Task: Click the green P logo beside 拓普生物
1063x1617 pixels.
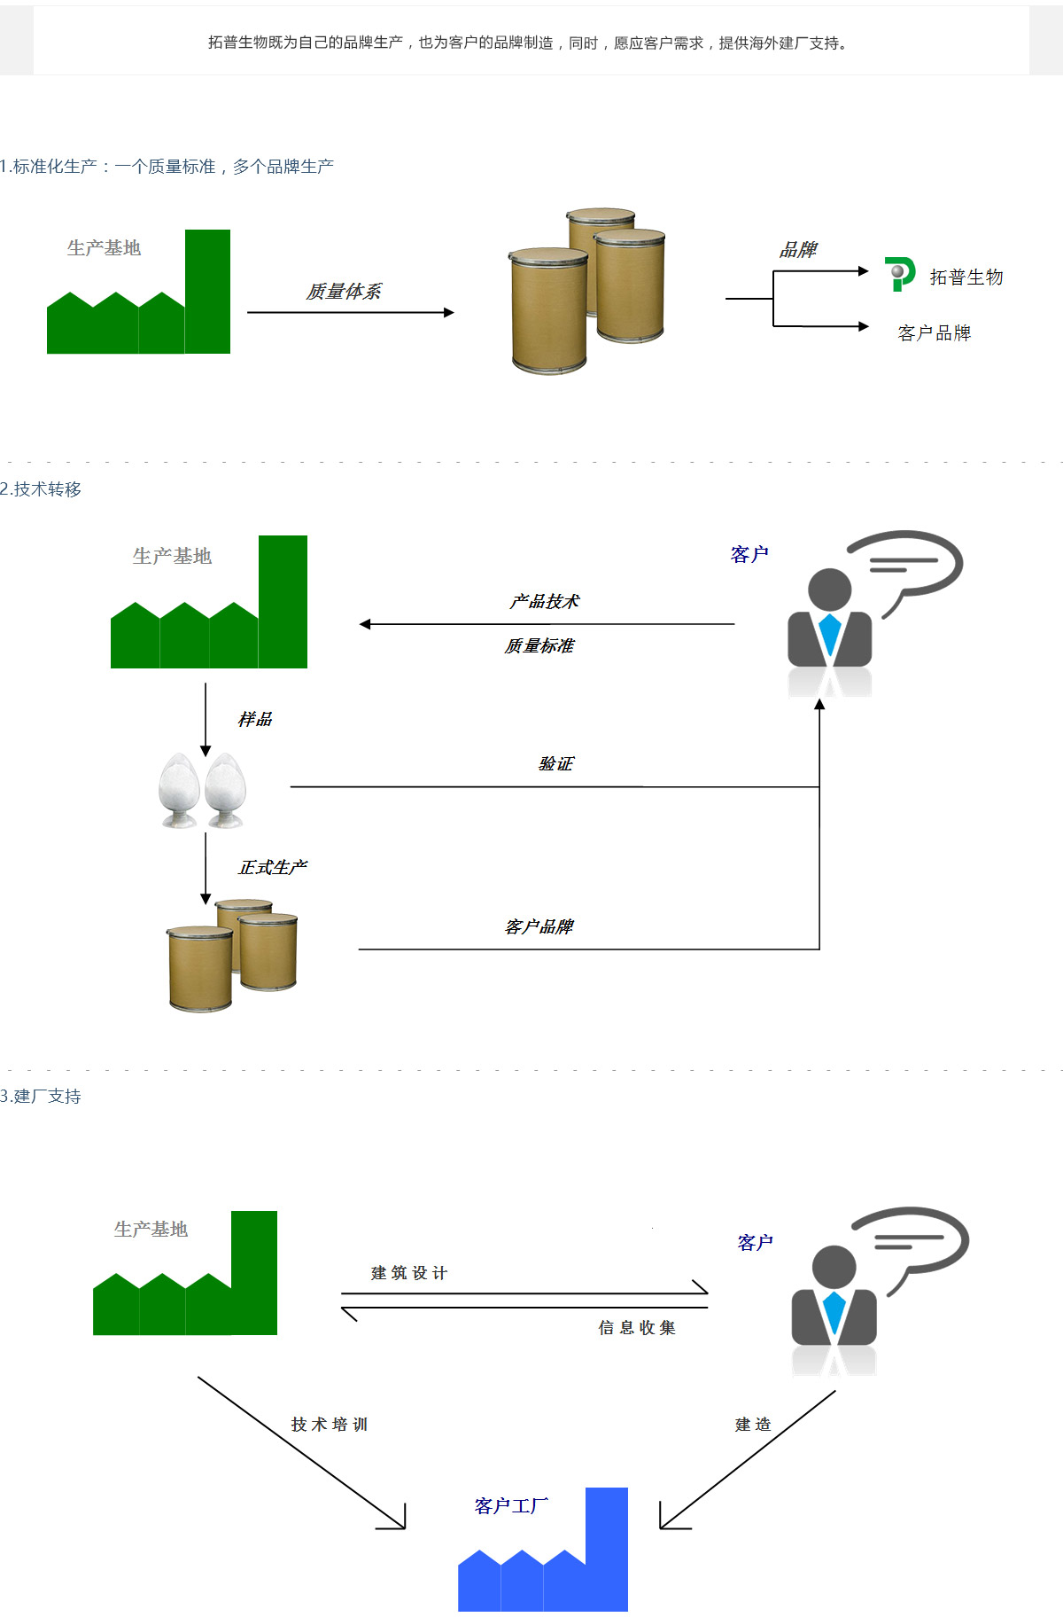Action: point(899,274)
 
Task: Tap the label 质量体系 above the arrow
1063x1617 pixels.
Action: point(344,292)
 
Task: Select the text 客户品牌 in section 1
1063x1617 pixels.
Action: point(935,333)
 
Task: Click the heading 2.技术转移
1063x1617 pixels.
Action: point(41,489)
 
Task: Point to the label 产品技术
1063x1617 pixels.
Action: point(544,601)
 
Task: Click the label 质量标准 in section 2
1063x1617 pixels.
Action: point(539,645)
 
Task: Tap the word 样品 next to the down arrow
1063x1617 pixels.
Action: point(255,719)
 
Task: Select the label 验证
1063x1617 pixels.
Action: point(556,763)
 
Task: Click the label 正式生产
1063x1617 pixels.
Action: point(273,867)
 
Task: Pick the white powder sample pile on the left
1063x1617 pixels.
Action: point(179,791)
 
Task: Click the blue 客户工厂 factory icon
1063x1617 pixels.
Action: point(543,1550)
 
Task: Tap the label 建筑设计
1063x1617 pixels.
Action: point(409,1273)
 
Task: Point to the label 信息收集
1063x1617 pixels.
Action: point(637,1327)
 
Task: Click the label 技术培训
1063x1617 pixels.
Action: point(330,1424)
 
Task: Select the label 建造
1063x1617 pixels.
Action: point(753,1424)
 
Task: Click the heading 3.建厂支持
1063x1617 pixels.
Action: point(41,1097)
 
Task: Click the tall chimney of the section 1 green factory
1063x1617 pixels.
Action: point(207,292)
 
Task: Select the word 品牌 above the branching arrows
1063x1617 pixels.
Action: point(798,250)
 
